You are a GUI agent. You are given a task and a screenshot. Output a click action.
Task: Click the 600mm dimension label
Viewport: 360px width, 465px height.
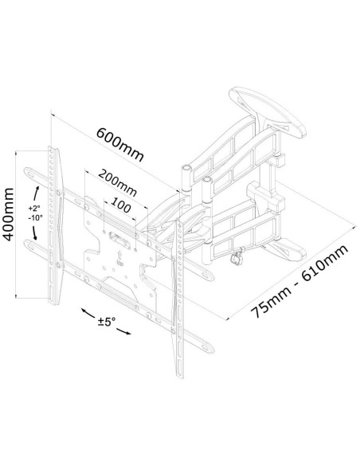point(120,144)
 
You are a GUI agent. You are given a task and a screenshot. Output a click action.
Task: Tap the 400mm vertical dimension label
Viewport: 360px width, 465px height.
point(8,214)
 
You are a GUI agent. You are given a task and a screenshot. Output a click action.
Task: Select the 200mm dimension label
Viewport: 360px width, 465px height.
point(117,182)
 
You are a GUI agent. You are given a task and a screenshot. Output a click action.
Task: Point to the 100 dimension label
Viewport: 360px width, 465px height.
point(121,205)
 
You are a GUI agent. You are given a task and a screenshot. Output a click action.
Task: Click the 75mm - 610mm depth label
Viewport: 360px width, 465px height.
point(299,281)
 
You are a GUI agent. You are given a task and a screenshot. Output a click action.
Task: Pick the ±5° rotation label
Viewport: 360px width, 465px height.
point(107,321)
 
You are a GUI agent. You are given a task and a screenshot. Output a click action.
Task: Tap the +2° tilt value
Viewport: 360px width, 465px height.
point(34,208)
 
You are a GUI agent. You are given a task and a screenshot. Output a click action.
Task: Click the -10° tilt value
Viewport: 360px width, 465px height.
point(36,217)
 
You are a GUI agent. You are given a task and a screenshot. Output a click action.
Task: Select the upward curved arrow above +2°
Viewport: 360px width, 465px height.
point(36,194)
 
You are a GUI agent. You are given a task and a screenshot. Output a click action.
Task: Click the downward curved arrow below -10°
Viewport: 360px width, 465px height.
point(34,232)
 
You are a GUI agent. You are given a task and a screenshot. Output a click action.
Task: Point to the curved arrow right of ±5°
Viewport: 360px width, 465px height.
point(124,331)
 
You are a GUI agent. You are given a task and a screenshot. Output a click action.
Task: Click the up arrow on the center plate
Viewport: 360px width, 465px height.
point(119,255)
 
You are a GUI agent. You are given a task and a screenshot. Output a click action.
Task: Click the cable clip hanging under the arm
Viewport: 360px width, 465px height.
point(237,257)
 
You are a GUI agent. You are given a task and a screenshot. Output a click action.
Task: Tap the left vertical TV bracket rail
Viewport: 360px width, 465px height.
point(55,225)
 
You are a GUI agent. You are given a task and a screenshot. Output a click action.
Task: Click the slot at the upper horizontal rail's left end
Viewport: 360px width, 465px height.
point(30,173)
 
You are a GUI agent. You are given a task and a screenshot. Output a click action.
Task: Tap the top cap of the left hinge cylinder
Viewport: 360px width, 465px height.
point(187,168)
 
